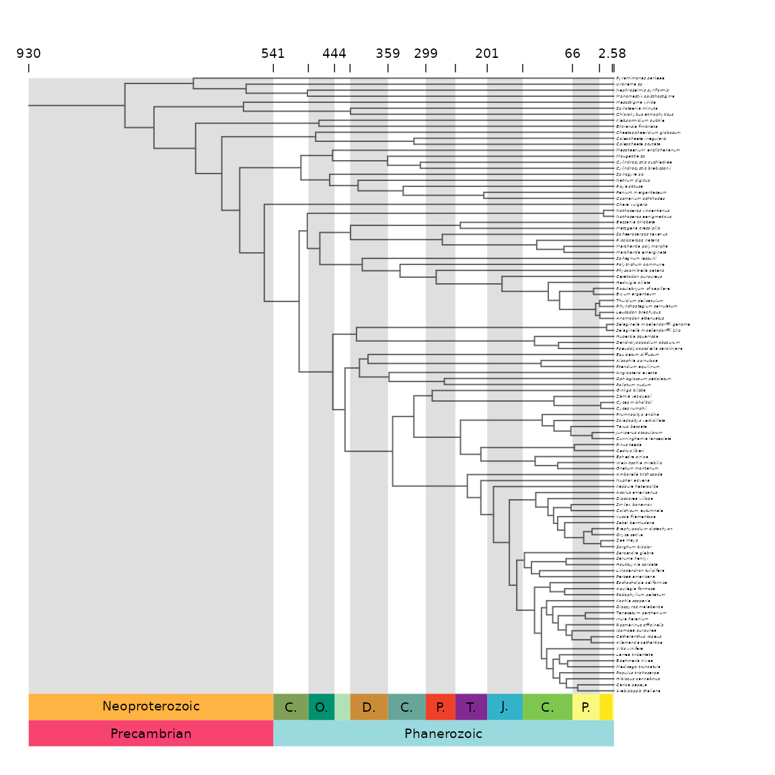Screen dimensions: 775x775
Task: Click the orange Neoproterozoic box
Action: (x=151, y=706)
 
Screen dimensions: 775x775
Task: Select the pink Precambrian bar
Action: (x=151, y=733)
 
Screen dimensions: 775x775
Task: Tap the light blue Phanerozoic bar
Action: (x=443, y=733)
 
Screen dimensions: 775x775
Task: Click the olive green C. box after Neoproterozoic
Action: (x=291, y=706)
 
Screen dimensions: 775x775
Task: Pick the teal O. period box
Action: (x=322, y=706)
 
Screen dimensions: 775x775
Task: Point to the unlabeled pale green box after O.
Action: (x=342, y=706)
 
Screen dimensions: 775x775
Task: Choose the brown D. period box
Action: (x=369, y=706)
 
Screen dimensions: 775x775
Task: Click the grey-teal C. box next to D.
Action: (x=406, y=706)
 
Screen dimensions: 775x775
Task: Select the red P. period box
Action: (x=441, y=706)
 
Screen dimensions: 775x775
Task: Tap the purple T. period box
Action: (x=471, y=706)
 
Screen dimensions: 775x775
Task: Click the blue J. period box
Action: (x=505, y=706)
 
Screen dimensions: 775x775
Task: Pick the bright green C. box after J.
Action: (x=548, y=706)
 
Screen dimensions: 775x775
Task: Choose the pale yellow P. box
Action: (x=585, y=706)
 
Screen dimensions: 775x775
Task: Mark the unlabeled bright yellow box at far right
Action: (x=607, y=706)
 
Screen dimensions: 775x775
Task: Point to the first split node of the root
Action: (x=125, y=105)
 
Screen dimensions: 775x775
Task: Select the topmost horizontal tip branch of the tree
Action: (x=404, y=78)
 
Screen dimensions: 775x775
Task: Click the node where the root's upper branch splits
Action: (x=194, y=83)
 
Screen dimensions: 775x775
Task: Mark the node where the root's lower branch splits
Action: (x=154, y=126)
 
